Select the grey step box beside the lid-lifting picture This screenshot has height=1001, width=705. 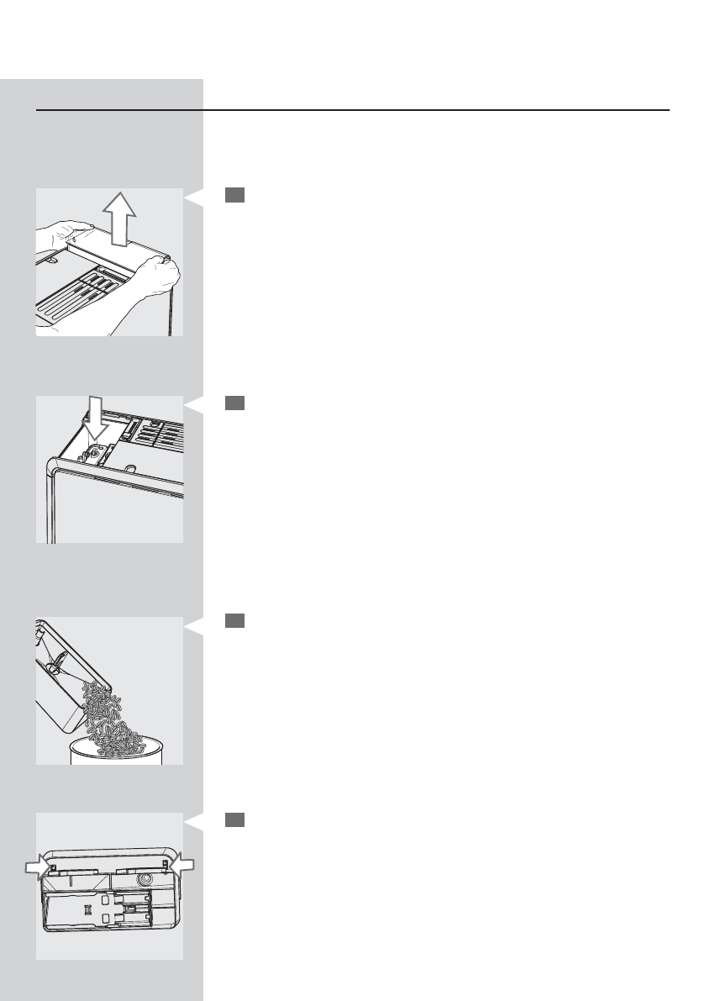(234, 196)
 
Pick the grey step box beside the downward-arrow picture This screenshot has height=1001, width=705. (234, 403)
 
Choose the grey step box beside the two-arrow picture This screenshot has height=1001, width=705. (234, 819)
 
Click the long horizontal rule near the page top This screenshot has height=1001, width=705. (353, 110)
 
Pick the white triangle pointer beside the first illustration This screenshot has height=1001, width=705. (193, 198)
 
